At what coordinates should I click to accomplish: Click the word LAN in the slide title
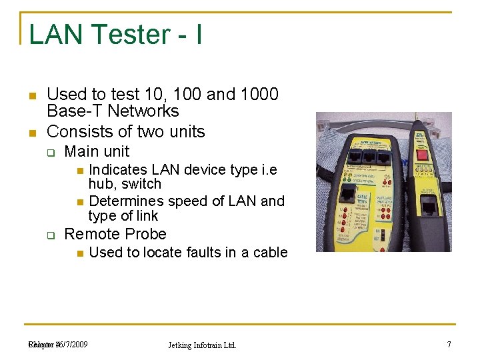point(52,35)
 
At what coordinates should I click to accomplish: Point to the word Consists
point(77,131)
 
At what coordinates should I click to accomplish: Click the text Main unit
point(97,151)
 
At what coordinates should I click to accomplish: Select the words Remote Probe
point(115,234)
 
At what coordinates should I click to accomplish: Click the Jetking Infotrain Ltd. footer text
point(201,345)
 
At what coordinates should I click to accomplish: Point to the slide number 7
point(449,344)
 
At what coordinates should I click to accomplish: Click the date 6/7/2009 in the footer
point(72,344)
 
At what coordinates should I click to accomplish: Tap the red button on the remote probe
point(421,155)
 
